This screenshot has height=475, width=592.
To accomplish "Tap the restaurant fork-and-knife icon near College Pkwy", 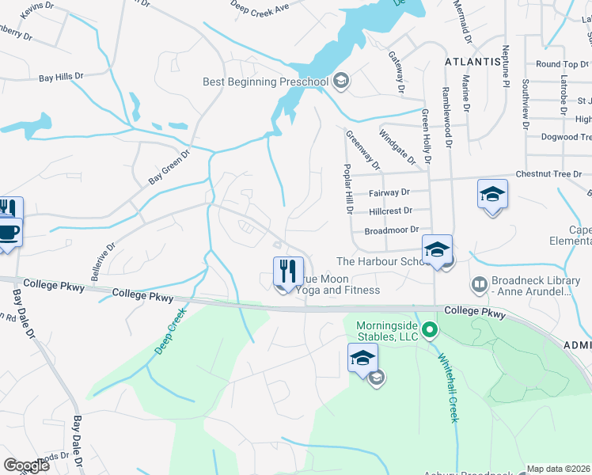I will click(288, 271).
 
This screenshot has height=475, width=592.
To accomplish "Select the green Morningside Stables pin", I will click(430, 329).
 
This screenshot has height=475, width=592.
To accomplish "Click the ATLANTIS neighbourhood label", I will click(473, 61).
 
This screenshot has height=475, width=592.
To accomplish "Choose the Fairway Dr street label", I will click(389, 192).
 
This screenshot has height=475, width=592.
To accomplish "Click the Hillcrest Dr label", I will click(391, 211).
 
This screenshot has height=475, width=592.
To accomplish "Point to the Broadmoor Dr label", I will click(390, 230).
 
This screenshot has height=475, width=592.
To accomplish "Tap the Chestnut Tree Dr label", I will click(548, 173).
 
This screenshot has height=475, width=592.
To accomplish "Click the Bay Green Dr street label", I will click(170, 168).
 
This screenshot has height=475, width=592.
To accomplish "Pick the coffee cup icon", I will click(9, 232).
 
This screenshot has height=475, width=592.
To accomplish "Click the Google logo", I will click(26, 465).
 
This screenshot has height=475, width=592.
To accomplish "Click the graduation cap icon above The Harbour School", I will click(436, 249).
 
